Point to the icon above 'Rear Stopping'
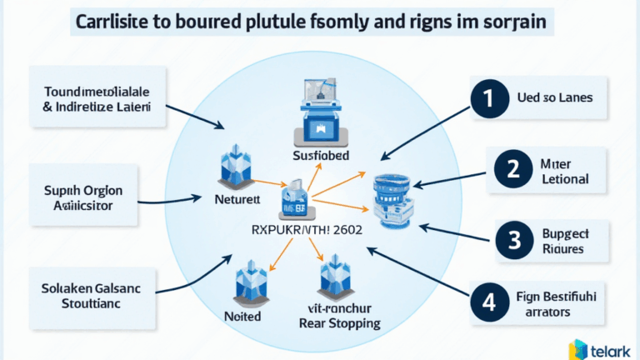[x=337, y=275]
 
